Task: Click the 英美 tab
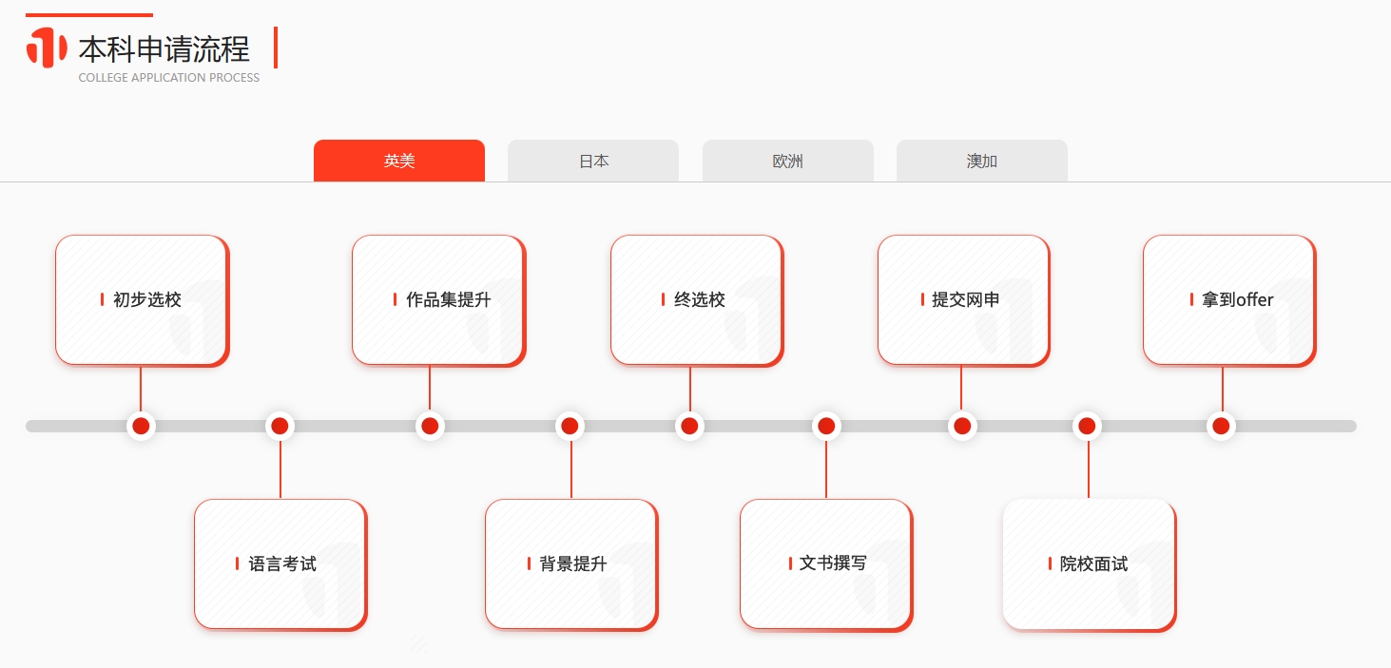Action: (398, 161)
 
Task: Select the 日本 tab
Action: (593, 161)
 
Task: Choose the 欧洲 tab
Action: (787, 161)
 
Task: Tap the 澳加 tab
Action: (982, 161)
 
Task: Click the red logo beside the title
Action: (47, 48)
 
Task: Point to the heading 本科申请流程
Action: (164, 49)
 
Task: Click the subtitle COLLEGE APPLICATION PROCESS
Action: (169, 78)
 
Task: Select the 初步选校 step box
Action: (143, 300)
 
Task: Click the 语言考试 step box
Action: (280, 564)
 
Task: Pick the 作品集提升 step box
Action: (439, 300)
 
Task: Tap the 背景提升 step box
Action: (571, 564)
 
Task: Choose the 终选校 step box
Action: (697, 300)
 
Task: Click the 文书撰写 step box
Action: (826, 564)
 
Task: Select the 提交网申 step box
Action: (964, 300)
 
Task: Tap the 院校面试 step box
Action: (1090, 564)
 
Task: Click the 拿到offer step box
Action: (1229, 300)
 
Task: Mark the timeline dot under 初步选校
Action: (141, 426)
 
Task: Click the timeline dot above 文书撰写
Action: (826, 426)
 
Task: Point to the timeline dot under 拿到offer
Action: (1221, 426)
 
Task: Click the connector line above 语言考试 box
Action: (280, 469)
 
